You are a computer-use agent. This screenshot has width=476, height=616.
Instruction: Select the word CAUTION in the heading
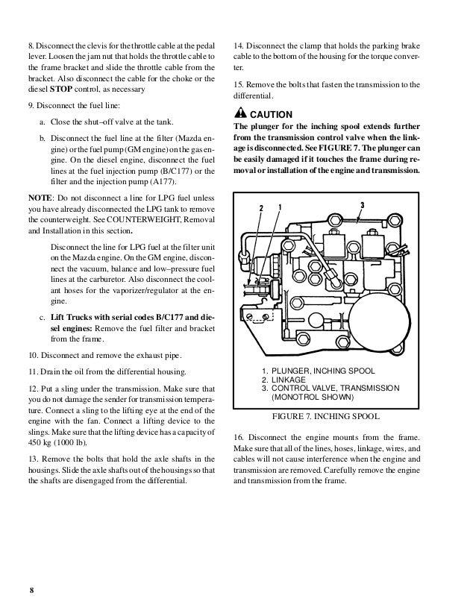(272, 114)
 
